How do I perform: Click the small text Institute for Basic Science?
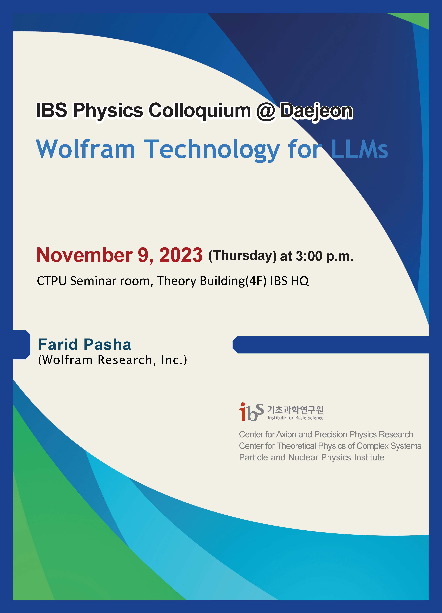click(x=295, y=418)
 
